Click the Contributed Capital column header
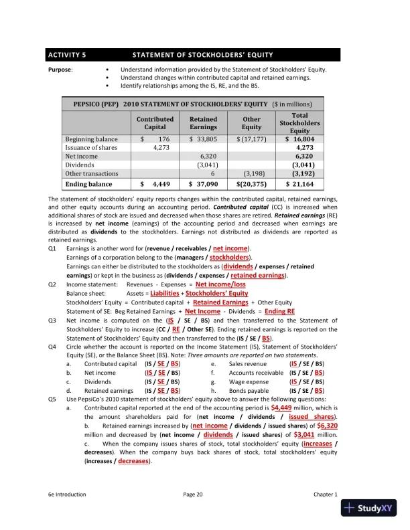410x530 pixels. click(x=155, y=123)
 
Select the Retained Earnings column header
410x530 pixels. click(x=203, y=123)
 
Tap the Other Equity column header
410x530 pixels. click(x=251, y=123)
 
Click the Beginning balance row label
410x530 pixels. click(x=91, y=139)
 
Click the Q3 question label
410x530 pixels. click(x=52, y=321)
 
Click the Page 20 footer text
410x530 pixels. click(x=192, y=494)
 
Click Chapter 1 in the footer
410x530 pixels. click(x=326, y=494)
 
